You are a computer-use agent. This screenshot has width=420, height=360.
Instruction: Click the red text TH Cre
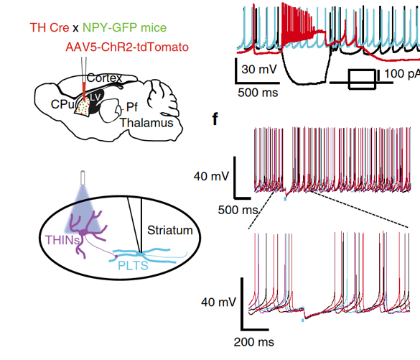pos(50,27)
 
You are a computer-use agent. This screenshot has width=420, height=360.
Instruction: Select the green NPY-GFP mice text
pos(124,27)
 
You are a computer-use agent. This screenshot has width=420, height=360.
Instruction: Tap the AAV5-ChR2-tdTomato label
pos(127,47)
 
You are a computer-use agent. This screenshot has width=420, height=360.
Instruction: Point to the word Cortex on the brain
pos(105,78)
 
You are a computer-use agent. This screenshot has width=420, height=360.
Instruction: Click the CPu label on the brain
pos(62,104)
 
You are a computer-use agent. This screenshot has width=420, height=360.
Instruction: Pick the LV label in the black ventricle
pos(95,97)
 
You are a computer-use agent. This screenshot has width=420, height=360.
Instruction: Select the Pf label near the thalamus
pos(132,107)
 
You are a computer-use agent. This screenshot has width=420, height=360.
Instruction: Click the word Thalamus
pos(146,123)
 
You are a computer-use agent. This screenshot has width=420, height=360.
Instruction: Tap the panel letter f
pos(215,119)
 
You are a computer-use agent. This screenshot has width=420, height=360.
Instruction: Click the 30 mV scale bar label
pos(259,69)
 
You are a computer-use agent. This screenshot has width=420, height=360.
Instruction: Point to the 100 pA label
pos(402,73)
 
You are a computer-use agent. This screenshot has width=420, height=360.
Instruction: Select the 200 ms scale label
pos(254,342)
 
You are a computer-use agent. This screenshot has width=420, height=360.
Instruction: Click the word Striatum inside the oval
pos(170,230)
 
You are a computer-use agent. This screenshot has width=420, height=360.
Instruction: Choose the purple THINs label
pos(62,240)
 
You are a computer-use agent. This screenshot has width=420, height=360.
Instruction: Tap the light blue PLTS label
pos(133,266)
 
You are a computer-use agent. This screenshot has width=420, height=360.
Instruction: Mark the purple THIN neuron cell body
pos(85,231)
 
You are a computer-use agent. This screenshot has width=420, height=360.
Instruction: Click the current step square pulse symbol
pos(362,79)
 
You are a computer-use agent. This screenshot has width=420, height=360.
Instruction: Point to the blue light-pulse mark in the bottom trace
pos(303,320)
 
